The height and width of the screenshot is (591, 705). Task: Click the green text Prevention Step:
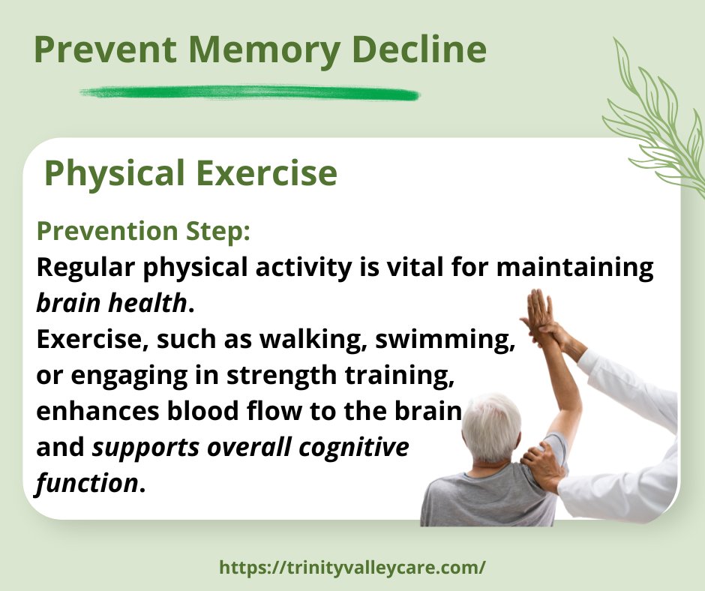point(142,231)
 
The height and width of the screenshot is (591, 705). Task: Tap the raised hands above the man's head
point(542,315)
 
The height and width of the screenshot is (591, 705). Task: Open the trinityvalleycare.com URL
point(352,567)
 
